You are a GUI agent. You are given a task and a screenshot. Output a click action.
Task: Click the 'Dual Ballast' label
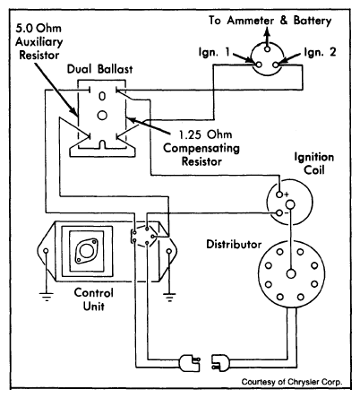point(99,69)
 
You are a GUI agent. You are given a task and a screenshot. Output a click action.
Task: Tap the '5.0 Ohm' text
point(39,28)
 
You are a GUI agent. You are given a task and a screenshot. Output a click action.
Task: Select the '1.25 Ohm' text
point(205,134)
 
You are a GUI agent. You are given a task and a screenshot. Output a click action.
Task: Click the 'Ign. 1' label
point(214,52)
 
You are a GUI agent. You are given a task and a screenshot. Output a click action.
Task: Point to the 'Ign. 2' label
point(320,52)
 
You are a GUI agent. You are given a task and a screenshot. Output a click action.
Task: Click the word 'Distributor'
point(234,244)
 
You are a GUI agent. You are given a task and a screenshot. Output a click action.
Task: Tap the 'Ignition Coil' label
point(314,163)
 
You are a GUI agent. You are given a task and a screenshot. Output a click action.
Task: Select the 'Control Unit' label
point(93,299)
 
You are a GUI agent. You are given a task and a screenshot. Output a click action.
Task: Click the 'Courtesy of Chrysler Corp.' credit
point(292,382)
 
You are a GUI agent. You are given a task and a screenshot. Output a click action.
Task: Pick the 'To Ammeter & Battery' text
point(270,21)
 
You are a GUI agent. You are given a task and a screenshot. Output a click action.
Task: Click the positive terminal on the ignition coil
point(279,195)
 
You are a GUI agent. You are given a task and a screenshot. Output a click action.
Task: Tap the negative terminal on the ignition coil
point(279,213)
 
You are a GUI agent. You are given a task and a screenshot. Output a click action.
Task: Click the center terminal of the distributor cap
point(291,274)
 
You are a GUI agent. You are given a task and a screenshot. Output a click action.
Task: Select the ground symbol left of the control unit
point(47,296)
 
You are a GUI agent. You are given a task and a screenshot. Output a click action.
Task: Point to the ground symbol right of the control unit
point(169,297)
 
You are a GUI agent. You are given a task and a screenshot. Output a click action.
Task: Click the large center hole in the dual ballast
point(102,116)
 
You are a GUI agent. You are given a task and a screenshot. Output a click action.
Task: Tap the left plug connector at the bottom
point(190,363)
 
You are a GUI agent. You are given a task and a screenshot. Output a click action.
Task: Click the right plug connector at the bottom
point(221,363)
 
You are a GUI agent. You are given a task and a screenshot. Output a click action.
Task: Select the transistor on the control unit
point(87,250)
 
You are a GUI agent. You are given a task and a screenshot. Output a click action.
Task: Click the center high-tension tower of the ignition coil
point(290,204)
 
